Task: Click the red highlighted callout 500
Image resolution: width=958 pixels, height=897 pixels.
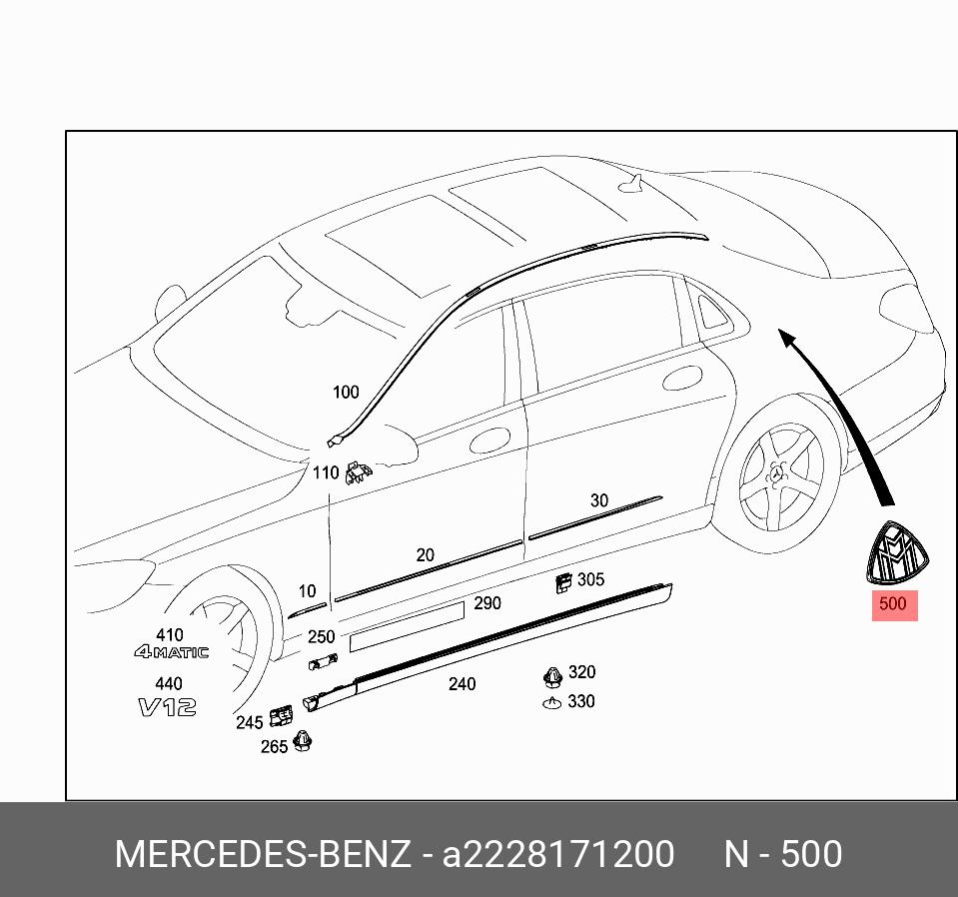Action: pyautogui.click(x=893, y=604)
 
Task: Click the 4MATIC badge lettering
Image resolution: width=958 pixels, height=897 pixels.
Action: pyautogui.click(x=172, y=652)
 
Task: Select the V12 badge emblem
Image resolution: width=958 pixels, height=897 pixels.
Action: pyautogui.click(x=167, y=707)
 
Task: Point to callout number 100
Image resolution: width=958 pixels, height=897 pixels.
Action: pyautogui.click(x=346, y=393)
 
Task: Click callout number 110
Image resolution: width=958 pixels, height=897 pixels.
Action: pyautogui.click(x=326, y=472)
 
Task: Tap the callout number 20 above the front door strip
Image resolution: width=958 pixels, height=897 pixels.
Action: pyautogui.click(x=425, y=555)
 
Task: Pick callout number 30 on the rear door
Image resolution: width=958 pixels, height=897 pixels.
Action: pyautogui.click(x=598, y=500)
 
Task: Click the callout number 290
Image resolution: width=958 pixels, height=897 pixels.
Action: pyautogui.click(x=487, y=603)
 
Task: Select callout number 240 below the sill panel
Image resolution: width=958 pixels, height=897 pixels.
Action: pyautogui.click(x=462, y=684)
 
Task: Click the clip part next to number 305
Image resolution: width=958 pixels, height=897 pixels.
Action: pyautogui.click(x=564, y=582)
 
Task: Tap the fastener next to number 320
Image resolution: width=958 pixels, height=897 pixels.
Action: pyautogui.click(x=552, y=676)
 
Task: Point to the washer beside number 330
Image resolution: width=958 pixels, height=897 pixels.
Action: pyautogui.click(x=551, y=702)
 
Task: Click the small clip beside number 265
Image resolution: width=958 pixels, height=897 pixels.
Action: pyautogui.click(x=302, y=742)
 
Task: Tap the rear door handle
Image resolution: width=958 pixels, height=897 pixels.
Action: pyautogui.click(x=681, y=380)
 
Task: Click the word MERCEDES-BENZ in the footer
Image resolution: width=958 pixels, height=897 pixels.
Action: pyautogui.click(x=262, y=855)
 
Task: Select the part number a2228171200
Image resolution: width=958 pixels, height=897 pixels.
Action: pyautogui.click(x=558, y=855)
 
